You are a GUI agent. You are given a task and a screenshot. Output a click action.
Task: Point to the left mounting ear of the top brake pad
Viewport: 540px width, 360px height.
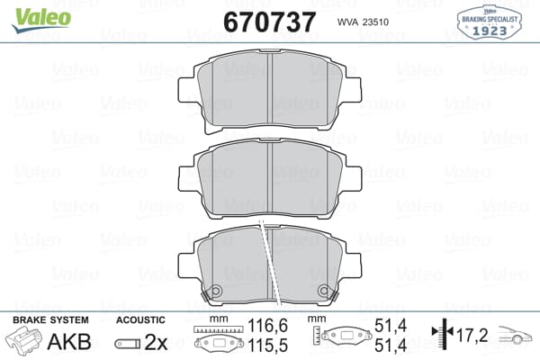pyautogui.click(x=187, y=91)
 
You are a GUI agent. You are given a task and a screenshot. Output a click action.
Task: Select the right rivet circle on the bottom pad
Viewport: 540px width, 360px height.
pyautogui.click(x=326, y=292)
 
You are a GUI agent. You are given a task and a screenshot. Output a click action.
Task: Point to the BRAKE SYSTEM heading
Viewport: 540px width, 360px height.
pyautogui.click(x=49, y=320)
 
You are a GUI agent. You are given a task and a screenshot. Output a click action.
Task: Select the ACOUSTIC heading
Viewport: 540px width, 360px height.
pyautogui.click(x=140, y=320)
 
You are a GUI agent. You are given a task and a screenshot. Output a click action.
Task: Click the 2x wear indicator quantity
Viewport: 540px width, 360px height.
pyautogui.click(x=157, y=343)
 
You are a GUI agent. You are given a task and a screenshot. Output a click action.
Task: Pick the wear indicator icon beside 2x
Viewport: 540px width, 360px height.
pyautogui.click(x=128, y=344)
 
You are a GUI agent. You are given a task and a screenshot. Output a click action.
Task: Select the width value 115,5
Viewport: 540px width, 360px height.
pyautogui.click(x=260, y=346)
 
